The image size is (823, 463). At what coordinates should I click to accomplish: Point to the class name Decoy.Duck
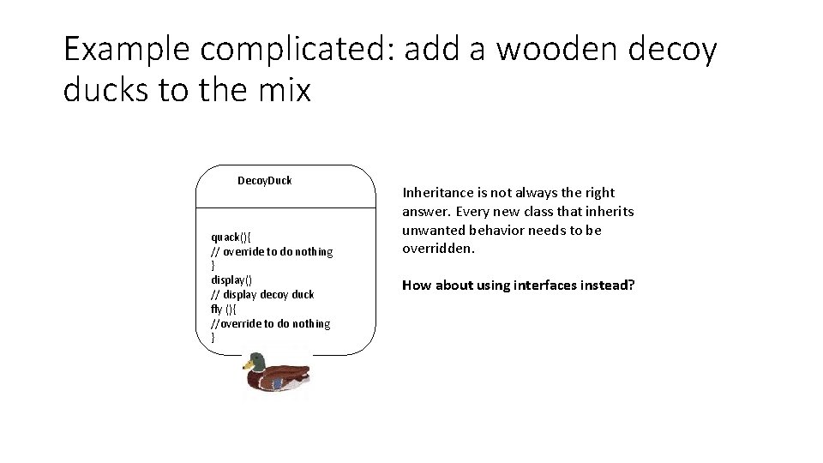[x=264, y=180]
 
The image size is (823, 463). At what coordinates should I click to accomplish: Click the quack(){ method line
[x=231, y=237]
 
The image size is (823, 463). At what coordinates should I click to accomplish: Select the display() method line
[x=231, y=280]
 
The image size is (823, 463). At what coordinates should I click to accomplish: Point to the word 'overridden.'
[x=438, y=249]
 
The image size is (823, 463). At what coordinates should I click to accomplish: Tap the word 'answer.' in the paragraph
[x=425, y=212]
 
